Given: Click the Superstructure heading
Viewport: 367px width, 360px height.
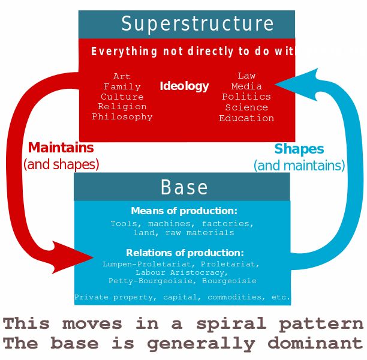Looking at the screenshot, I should point(197,24).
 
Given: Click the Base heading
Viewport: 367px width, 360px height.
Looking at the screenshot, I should point(184,187).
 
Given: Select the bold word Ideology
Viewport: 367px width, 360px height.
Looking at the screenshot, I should point(184,86).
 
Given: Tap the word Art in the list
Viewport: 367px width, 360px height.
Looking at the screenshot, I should point(122,76).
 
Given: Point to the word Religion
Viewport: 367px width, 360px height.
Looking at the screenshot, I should point(122,107).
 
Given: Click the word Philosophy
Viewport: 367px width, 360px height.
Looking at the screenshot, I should point(122,117).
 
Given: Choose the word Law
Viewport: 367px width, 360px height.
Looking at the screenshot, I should point(246,76).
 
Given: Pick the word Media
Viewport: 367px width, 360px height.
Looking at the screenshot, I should point(246,86).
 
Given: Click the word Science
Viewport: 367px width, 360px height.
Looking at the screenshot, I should point(246,107).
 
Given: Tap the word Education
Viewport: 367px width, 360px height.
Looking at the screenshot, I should point(246,118).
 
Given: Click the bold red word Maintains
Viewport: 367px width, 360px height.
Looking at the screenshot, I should point(61,148).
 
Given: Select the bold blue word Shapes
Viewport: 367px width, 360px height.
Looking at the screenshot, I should point(299,149).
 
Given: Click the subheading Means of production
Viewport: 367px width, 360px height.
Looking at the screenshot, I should point(184,211).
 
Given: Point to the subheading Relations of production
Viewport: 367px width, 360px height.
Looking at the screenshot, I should point(185,253).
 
